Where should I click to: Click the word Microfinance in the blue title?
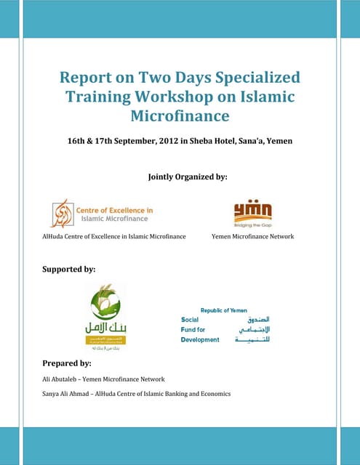point(179,116)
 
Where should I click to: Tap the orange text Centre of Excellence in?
point(115,211)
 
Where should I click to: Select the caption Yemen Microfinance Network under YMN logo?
point(252,237)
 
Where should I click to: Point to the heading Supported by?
point(70,270)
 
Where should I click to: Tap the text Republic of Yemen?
point(224,310)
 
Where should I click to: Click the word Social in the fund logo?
point(190,320)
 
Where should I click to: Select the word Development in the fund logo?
point(200,339)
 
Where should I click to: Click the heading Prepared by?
point(67,363)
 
